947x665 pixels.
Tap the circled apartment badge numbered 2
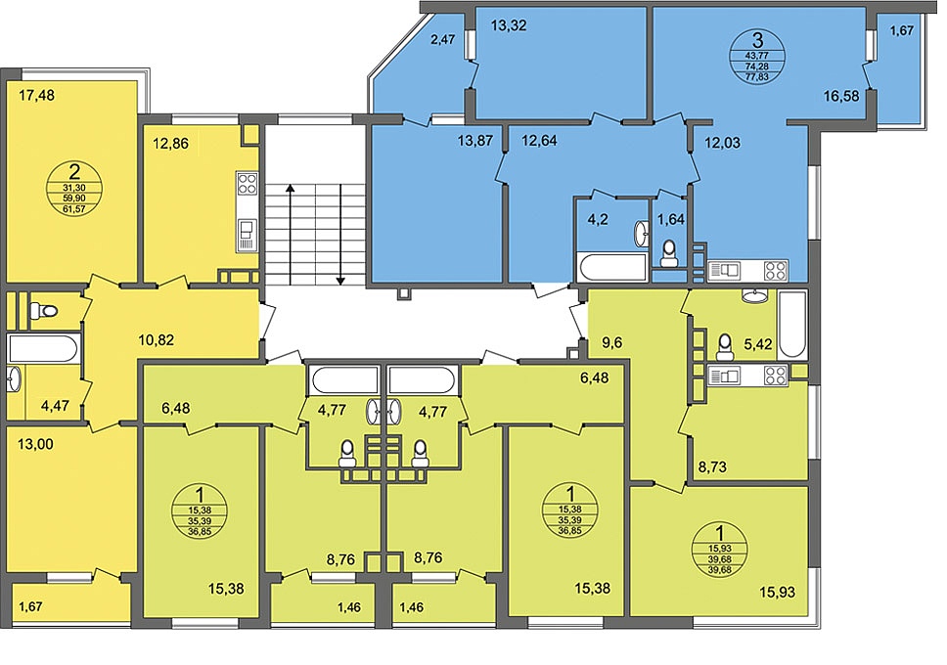pyautogui.click(x=74, y=189)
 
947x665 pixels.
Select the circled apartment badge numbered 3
pyautogui.click(x=757, y=57)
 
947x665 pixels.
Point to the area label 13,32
pyautogui.click(x=509, y=25)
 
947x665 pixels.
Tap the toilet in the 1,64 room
pyautogui.click(x=668, y=254)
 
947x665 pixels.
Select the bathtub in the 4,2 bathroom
pyautogui.click(x=611, y=267)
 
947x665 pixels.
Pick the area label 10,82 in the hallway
pyautogui.click(x=156, y=339)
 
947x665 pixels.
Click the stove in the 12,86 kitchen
pyautogui.click(x=248, y=183)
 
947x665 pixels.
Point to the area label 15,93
pyautogui.click(x=778, y=592)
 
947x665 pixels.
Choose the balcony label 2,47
pyautogui.click(x=443, y=40)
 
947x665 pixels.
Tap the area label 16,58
pyautogui.click(x=841, y=96)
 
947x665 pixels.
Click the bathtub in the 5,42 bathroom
pyautogui.click(x=792, y=325)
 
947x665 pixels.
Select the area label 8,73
pyautogui.click(x=712, y=466)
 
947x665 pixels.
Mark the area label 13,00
pyautogui.click(x=35, y=444)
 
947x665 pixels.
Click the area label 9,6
pyautogui.click(x=610, y=342)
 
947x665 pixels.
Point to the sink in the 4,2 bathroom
pyautogui.click(x=641, y=234)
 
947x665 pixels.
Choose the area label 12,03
pyautogui.click(x=722, y=143)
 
